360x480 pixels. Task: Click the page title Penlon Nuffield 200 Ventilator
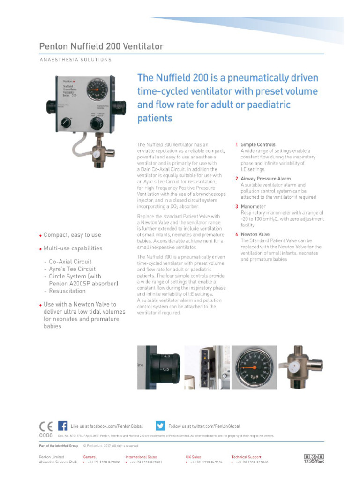[101, 46]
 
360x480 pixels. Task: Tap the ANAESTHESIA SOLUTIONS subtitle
[75, 60]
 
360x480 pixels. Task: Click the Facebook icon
[62, 426]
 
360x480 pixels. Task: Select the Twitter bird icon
[160, 426]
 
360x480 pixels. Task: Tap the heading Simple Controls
[258, 145]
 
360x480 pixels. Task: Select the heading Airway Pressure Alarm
[265, 179]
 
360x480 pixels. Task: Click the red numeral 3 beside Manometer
[237, 207]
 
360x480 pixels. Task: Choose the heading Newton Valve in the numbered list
[255, 234]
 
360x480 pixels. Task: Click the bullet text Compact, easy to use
[72, 235]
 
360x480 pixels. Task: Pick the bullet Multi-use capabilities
[72, 248]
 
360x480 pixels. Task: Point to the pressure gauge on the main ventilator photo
[97, 90]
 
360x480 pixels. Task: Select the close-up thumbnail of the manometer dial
[254, 367]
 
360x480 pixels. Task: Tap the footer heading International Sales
[141, 457]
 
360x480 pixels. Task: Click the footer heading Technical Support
[246, 457]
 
